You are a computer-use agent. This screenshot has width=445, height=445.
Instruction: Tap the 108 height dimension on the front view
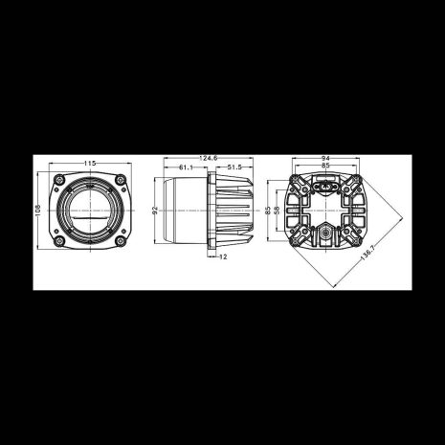click(x=39, y=210)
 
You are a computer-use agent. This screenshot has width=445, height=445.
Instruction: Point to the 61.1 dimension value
click(x=187, y=167)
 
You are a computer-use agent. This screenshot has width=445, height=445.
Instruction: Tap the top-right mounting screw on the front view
click(x=119, y=180)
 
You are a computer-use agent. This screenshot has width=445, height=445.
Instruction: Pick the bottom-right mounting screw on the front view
click(x=119, y=240)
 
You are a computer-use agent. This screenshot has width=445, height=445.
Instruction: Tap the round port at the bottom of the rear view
click(x=324, y=233)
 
